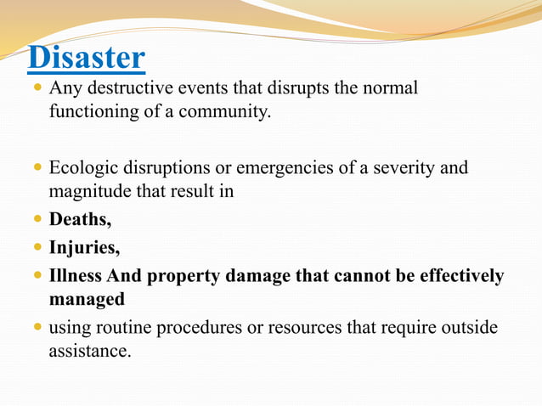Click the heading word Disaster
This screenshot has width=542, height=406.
[x=86, y=58]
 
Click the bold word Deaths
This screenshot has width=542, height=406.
[x=80, y=219]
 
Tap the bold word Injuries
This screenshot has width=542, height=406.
[x=84, y=248]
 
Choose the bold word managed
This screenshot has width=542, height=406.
[x=87, y=299]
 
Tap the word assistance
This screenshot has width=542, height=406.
[x=89, y=350]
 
